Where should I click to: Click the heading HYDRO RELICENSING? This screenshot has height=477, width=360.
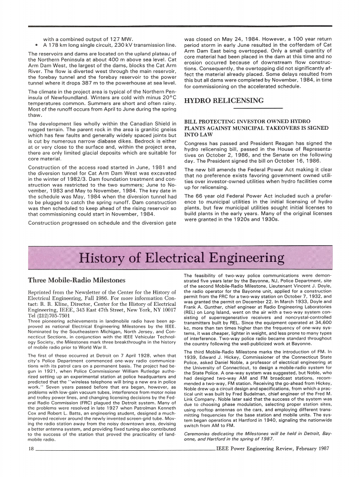click(x=224, y=101)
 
